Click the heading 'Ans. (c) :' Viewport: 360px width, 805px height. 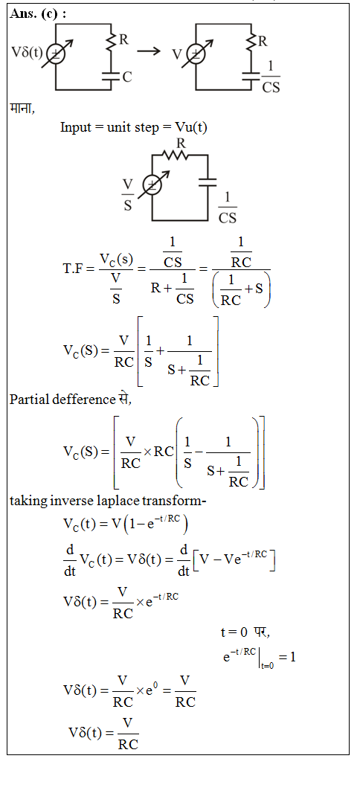[x=38, y=14]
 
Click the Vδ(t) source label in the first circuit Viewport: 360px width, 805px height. [x=28, y=53]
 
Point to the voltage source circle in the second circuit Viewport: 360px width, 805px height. [x=195, y=54]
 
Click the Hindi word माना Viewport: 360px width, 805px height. [x=22, y=108]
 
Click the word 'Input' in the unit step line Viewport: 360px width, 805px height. [x=75, y=127]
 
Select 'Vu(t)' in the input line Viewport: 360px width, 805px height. [x=190, y=127]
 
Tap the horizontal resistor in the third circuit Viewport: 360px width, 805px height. [x=175, y=155]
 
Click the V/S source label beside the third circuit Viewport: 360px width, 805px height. [x=128, y=195]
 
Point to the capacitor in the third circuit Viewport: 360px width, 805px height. [x=208, y=183]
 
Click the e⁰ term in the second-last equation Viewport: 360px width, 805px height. [x=155, y=689]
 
